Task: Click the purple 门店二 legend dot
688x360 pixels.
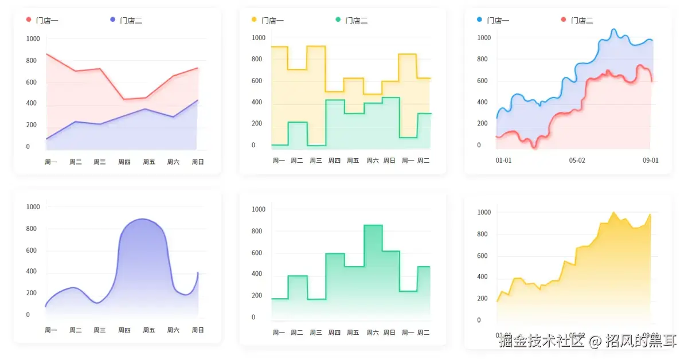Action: coord(112,20)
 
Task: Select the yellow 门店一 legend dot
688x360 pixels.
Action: coord(254,20)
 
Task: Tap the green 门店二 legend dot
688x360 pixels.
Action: coord(338,20)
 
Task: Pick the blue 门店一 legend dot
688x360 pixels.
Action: coord(479,20)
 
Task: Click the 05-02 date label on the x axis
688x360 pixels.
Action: coord(577,160)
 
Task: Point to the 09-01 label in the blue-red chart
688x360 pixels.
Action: coord(650,160)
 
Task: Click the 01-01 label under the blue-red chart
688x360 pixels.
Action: coord(503,160)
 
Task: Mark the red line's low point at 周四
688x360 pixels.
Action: coord(124,99)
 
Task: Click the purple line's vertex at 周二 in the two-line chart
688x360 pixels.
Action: coord(75,122)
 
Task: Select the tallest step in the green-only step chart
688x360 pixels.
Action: coord(373,226)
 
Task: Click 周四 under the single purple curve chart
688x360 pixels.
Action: coord(124,330)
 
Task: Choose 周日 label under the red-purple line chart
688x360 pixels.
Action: coord(198,162)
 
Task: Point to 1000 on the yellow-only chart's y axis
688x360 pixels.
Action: coord(484,213)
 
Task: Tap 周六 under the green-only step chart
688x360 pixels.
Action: coord(372,332)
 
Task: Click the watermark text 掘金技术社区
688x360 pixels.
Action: coord(541,342)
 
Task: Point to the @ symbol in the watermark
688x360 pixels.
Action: coord(595,342)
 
